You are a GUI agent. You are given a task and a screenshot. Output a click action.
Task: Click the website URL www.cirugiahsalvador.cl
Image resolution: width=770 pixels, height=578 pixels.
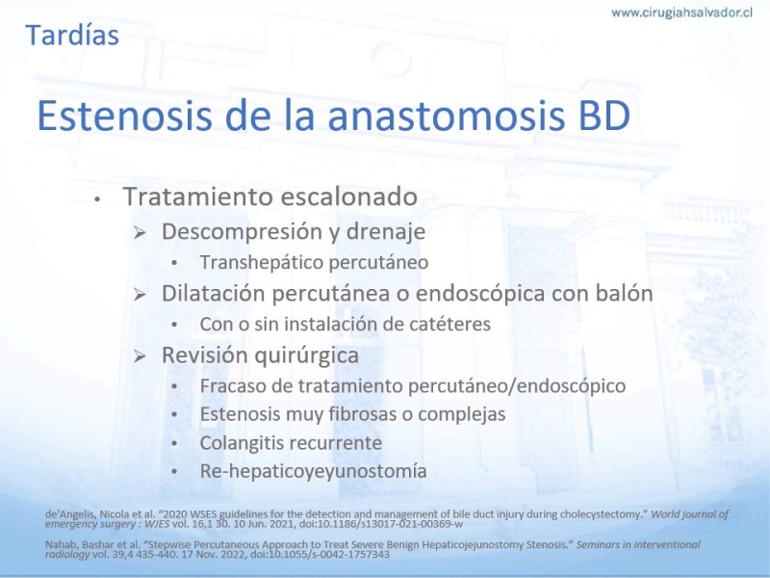coord(681,13)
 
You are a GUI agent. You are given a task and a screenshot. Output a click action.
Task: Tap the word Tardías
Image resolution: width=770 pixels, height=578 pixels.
coord(72,36)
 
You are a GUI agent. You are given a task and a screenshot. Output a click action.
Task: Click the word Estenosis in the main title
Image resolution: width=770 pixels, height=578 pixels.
coord(125,116)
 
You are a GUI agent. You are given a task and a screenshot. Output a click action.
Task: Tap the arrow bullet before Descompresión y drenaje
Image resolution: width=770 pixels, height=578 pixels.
coord(140,233)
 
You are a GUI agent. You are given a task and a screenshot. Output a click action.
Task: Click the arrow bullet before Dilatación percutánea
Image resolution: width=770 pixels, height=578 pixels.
coord(140,295)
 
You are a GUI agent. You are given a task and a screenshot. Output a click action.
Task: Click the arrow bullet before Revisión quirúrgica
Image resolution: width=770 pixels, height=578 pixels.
coord(140,356)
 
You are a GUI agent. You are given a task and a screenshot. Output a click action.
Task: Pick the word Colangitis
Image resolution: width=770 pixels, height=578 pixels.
coord(245,443)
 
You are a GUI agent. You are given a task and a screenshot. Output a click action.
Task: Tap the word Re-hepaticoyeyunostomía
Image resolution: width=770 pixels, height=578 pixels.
coord(314,471)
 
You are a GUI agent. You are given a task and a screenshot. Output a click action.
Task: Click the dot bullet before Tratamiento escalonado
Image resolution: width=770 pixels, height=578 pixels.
coord(98,199)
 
